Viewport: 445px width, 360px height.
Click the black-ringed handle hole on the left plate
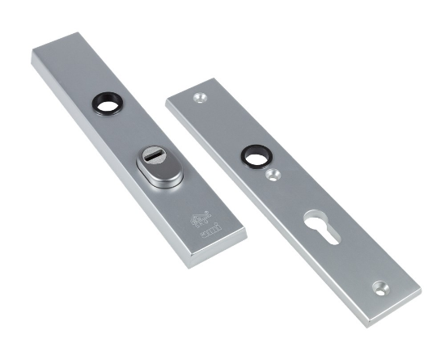click(x=107, y=103)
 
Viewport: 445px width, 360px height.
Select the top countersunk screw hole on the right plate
click(x=199, y=98)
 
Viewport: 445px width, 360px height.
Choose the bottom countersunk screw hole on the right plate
click(x=380, y=287)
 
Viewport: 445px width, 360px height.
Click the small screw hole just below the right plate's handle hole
click(x=273, y=173)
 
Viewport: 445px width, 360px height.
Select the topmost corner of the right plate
click(x=214, y=78)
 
